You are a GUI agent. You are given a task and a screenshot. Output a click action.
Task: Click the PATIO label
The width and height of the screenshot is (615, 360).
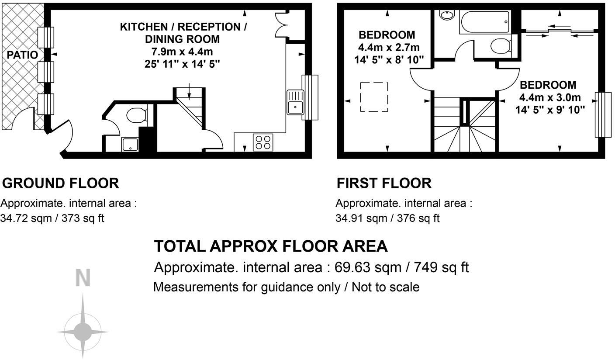click(22, 55)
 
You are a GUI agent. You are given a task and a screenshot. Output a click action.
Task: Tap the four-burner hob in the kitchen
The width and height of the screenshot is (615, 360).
click(263, 142)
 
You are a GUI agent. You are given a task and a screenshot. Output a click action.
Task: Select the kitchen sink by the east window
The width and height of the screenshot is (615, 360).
click(295, 102)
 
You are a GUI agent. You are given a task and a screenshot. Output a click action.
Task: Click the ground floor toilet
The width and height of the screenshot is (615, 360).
click(136, 116)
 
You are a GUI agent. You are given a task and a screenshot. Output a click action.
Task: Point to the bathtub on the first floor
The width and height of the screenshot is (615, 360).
click(484, 23)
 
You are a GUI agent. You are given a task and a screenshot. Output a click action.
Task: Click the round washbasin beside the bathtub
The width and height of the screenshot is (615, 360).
click(446, 15)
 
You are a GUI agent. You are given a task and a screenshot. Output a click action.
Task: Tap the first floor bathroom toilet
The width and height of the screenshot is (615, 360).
click(501, 45)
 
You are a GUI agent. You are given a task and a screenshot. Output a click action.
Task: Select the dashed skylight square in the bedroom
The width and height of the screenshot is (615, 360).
click(374, 97)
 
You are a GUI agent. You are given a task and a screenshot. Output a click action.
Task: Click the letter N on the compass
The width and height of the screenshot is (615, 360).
click(83, 278)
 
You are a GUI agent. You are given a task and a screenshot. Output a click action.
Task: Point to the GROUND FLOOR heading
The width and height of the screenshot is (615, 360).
click(60, 183)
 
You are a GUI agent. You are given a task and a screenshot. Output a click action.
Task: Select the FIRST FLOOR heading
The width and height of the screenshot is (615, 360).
click(384, 183)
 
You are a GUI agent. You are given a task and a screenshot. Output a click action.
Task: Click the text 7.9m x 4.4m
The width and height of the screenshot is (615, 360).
click(182, 52)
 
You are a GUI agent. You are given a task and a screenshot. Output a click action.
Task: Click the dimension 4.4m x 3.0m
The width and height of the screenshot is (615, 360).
click(550, 97)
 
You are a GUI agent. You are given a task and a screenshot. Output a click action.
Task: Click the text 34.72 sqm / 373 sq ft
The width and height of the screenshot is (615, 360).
click(52, 218)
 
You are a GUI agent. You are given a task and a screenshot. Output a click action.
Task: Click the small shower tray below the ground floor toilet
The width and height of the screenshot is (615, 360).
click(130, 144)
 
